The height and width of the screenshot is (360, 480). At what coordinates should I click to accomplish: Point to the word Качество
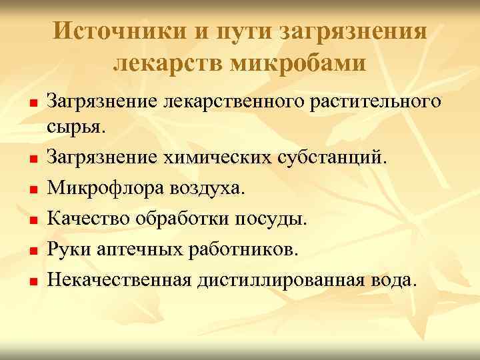point(87,218)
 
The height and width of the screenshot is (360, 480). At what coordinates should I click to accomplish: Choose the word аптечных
point(136,249)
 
